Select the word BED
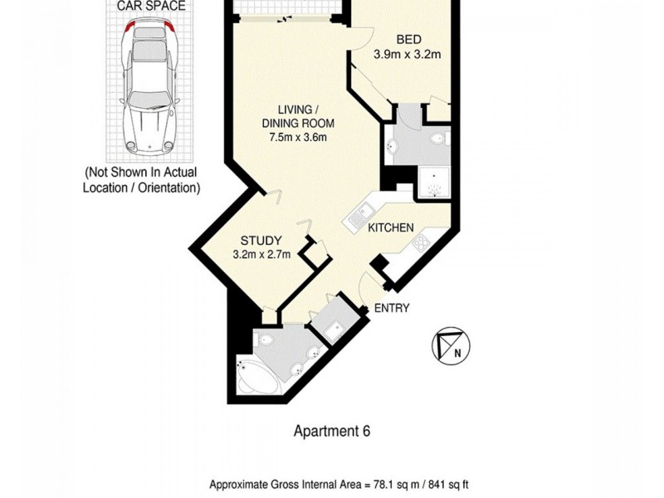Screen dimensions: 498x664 tap(408, 40)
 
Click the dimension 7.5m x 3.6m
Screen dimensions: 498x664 tap(299, 138)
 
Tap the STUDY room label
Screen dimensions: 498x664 tap(261, 241)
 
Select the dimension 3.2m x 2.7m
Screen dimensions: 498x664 tap(261, 255)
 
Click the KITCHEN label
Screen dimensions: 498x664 tap(391, 227)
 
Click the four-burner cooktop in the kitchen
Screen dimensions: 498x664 tap(422, 243)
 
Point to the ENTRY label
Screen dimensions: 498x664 tap(392, 308)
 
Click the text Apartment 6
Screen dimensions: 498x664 tap(332, 431)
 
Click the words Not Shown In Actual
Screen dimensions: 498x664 tap(142, 173)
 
